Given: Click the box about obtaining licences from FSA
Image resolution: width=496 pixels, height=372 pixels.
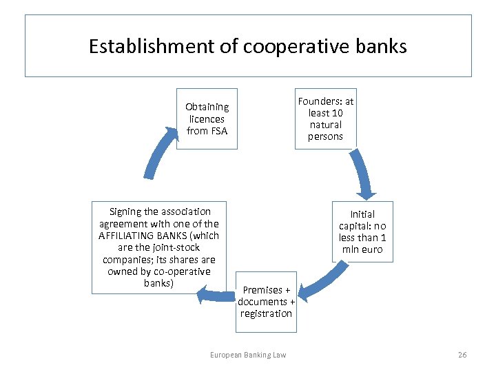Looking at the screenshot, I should pyautogui.click(x=207, y=118).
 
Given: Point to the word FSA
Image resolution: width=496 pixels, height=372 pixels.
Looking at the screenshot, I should pyautogui.click(x=216, y=131).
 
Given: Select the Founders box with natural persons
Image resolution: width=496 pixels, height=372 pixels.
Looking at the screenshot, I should pyautogui.click(x=325, y=118).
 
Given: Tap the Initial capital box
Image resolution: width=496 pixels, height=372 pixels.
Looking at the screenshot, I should pyautogui.click(x=362, y=231).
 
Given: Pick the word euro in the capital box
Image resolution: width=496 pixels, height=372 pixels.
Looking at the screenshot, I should pyautogui.click(x=371, y=249).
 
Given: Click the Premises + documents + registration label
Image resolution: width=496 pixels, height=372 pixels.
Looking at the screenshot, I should pyautogui.click(x=266, y=302).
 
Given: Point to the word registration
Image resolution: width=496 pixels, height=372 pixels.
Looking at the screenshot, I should pyautogui.click(x=266, y=313).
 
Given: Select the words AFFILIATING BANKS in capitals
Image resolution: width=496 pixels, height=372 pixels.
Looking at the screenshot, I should pyautogui.click(x=159, y=236).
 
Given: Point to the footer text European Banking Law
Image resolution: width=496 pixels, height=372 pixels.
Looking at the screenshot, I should pyautogui.click(x=248, y=355).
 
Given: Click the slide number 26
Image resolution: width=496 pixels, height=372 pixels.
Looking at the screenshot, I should pyautogui.click(x=462, y=355).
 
